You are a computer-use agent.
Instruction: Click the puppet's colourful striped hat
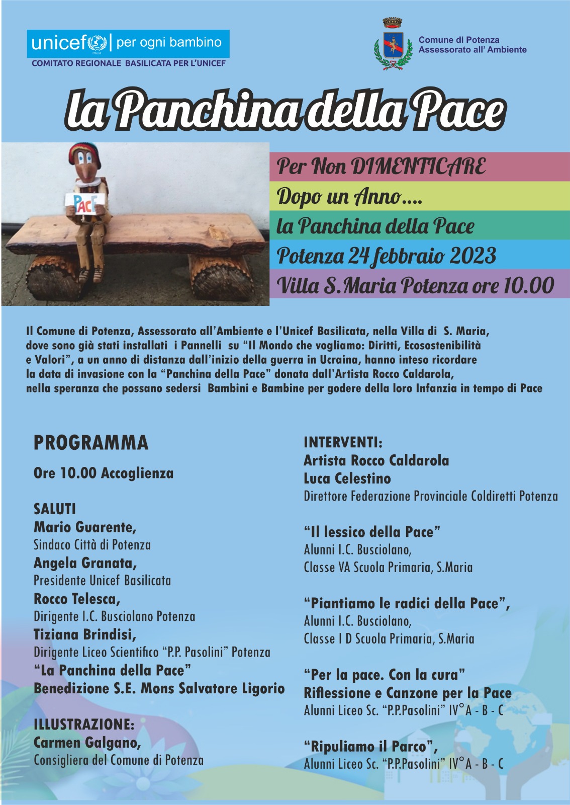pos(84,150)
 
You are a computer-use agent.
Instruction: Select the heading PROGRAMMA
pos(91,443)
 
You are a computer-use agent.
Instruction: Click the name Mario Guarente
pos(84,527)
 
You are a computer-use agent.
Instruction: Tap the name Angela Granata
pos(85,562)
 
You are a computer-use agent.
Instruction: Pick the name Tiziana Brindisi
pos(84,634)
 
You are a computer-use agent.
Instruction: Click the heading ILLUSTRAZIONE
pos(84,724)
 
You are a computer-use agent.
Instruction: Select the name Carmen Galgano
pos(87,742)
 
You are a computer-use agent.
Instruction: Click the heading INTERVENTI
pos(343,442)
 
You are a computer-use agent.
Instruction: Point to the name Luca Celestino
pos(347,478)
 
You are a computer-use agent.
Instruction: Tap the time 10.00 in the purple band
pos(528,286)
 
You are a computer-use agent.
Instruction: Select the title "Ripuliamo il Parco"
pos(370,746)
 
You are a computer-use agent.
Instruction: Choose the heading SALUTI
pos(55,509)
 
